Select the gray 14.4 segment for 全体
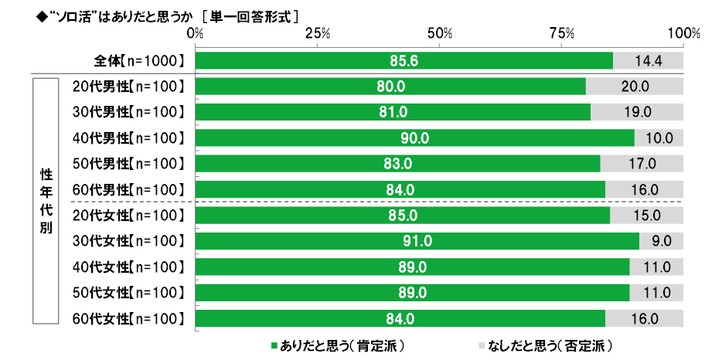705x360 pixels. pos(648,60)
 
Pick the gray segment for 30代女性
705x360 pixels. pos(661,241)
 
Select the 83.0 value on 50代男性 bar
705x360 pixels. pos(398,164)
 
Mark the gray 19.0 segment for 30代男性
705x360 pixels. pos(636,112)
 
